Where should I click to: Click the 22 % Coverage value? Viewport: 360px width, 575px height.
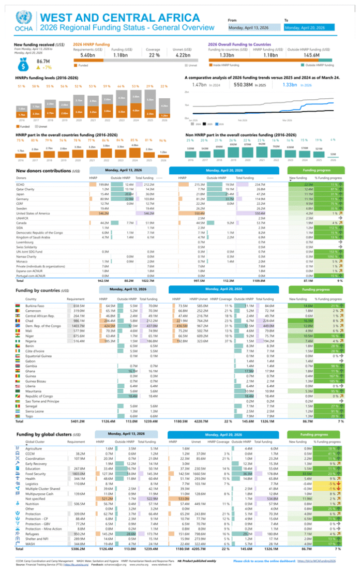coord(154,55)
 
